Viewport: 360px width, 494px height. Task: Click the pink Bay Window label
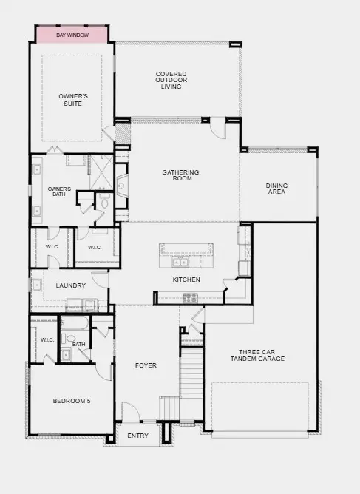coord(72,35)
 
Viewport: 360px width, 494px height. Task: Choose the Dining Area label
coord(276,189)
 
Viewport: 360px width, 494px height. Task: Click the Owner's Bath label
coord(59,192)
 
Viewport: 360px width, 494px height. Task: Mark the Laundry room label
coord(71,285)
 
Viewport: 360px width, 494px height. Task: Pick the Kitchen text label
coord(186,280)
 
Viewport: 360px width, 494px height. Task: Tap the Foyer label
coord(146,365)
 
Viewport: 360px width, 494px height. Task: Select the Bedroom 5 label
coord(72,401)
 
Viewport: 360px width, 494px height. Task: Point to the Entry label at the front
coord(138,436)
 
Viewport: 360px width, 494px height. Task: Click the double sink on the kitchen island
coord(180,262)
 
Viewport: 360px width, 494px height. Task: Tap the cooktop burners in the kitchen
coord(190,297)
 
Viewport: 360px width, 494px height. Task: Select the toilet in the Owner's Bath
coord(104,202)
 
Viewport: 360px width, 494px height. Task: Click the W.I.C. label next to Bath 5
coord(47,339)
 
